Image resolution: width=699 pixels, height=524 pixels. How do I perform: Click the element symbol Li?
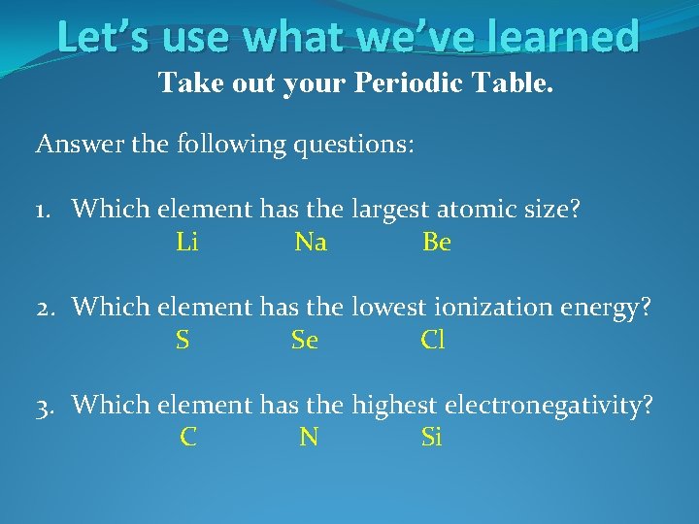pos(187,243)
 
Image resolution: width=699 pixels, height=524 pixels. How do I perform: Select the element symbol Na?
pos(311,243)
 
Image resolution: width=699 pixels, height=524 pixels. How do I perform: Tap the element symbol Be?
pos(437,243)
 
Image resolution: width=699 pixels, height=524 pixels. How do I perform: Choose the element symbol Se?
pos(305,341)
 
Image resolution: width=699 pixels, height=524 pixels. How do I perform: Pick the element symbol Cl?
pos(433,341)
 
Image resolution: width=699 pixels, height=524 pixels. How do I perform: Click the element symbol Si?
pos(432,438)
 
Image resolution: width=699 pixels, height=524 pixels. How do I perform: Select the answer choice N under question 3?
pos(309,438)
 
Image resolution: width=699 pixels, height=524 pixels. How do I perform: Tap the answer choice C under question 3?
pos(188,438)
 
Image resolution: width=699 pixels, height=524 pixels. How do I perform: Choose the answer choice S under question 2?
pos(183,341)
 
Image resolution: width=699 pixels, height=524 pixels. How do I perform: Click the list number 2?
pos(45,308)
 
